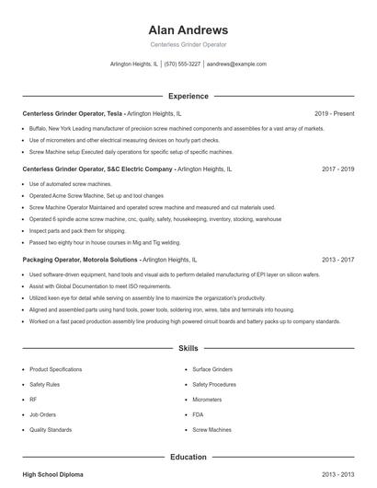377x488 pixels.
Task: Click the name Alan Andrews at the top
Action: click(188, 29)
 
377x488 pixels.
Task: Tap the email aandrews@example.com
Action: click(236, 64)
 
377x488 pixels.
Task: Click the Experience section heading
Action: click(188, 96)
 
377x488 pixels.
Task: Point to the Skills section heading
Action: click(188, 350)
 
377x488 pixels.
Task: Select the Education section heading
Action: click(188, 457)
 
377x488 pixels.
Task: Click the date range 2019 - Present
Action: click(334, 113)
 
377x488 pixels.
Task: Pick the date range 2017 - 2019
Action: click(337, 169)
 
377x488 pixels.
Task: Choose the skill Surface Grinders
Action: click(211, 368)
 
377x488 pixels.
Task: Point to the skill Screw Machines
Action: click(211, 430)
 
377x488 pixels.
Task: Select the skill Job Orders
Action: click(42, 414)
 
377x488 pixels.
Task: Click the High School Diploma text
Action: click(52, 474)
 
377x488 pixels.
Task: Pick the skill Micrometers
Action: click(207, 400)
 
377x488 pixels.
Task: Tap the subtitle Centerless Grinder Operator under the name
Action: click(188, 44)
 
